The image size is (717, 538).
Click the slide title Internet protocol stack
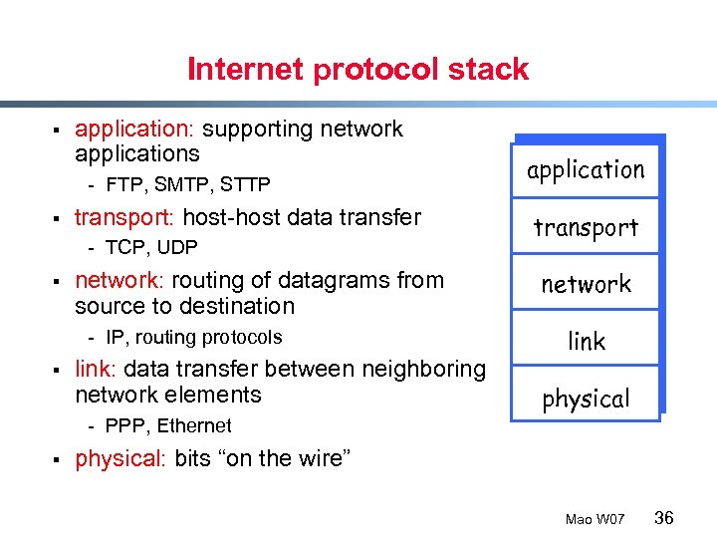tap(358, 69)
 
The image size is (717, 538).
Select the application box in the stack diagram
tap(586, 169)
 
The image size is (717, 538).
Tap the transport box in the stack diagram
tap(586, 227)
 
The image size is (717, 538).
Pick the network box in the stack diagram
tap(586, 284)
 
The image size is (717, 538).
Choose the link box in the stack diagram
tap(586, 341)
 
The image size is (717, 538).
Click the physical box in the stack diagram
tap(586, 399)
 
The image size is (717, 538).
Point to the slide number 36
tap(664, 517)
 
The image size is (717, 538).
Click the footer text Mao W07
tap(595, 519)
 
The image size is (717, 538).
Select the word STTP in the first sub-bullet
tap(245, 184)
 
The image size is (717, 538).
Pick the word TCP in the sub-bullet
tap(124, 247)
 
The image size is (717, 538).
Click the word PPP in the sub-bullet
tap(123, 425)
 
